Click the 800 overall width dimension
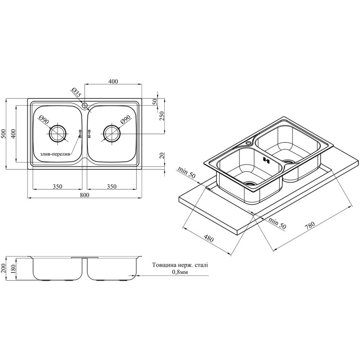(84, 195)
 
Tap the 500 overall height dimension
(3, 134)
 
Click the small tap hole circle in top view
(85, 105)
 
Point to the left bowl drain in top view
(58, 133)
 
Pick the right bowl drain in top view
(112, 133)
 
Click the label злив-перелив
(54, 154)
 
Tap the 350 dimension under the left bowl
(58, 186)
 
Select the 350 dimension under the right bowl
(112, 186)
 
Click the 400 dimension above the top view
(113, 81)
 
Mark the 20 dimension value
(162, 156)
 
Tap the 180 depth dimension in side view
(13, 269)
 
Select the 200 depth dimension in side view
(3, 268)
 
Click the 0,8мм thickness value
(180, 272)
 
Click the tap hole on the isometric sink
(248, 143)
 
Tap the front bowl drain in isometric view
(250, 184)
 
